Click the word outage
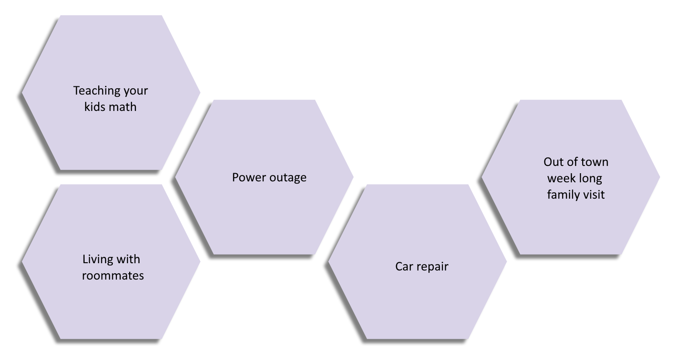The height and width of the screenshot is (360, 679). [x=288, y=178]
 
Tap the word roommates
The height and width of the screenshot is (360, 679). [x=113, y=275]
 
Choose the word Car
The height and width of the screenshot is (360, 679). [x=403, y=266]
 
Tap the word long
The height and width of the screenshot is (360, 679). [x=590, y=179]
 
